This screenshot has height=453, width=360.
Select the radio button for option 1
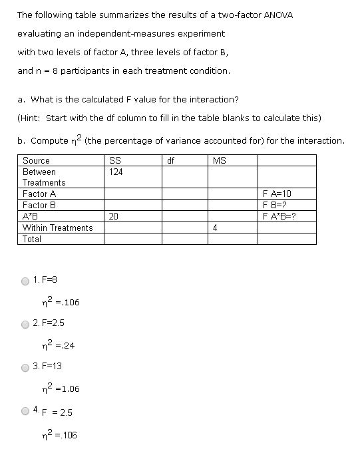tap(25, 281)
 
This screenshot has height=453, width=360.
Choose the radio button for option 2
tap(25, 324)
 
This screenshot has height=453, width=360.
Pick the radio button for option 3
tap(25, 367)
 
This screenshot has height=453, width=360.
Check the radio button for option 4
tap(25, 411)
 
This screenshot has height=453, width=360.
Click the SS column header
tap(114, 160)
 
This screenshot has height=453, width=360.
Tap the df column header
tap(171, 160)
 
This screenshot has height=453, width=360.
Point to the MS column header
tap(219, 160)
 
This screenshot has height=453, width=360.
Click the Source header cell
tap(36, 160)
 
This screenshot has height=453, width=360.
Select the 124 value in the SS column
tap(116, 172)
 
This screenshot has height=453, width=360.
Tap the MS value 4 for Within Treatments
tap(215, 227)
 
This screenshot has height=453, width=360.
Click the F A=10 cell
tap(277, 194)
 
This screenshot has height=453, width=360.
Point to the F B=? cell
tap(276, 205)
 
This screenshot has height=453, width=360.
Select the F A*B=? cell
tap(279, 216)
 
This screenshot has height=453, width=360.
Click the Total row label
tap(32, 239)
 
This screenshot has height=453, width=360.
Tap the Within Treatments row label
tap(58, 227)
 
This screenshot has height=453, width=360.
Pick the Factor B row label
tap(39, 205)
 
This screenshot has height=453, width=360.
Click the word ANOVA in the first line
tap(279, 15)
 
